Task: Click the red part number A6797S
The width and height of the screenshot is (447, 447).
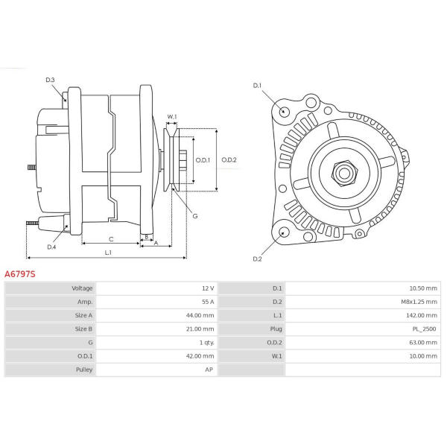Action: point(20,274)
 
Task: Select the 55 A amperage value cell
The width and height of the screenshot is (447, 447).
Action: point(208,302)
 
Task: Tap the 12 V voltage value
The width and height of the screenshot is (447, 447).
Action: point(208,288)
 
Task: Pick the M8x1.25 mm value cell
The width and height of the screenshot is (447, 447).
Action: point(419,302)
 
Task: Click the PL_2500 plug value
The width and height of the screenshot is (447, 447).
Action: point(424,329)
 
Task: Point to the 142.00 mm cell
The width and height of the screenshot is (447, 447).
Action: point(422,315)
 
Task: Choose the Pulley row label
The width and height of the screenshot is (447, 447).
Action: point(84,370)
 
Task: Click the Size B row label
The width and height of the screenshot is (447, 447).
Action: point(83,329)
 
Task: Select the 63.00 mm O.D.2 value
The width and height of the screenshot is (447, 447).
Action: point(423,343)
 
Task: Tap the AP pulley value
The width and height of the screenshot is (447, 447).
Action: point(209,370)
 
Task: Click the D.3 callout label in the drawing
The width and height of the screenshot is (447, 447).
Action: point(50,80)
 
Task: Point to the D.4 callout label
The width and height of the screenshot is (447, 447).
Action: point(51,247)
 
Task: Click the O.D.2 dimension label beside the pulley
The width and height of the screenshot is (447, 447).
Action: point(229,160)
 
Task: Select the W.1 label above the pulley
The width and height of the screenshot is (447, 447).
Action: point(172,117)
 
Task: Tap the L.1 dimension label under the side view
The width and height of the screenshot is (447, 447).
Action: point(108,253)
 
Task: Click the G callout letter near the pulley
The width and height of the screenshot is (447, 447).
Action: point(195,216)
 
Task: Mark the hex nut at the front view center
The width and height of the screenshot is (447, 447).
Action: point(344,173)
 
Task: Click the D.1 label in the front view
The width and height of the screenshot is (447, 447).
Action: point(257,86)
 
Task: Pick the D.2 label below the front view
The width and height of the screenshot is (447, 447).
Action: point(257,259)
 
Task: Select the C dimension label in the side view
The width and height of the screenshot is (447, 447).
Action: point(111,239)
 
